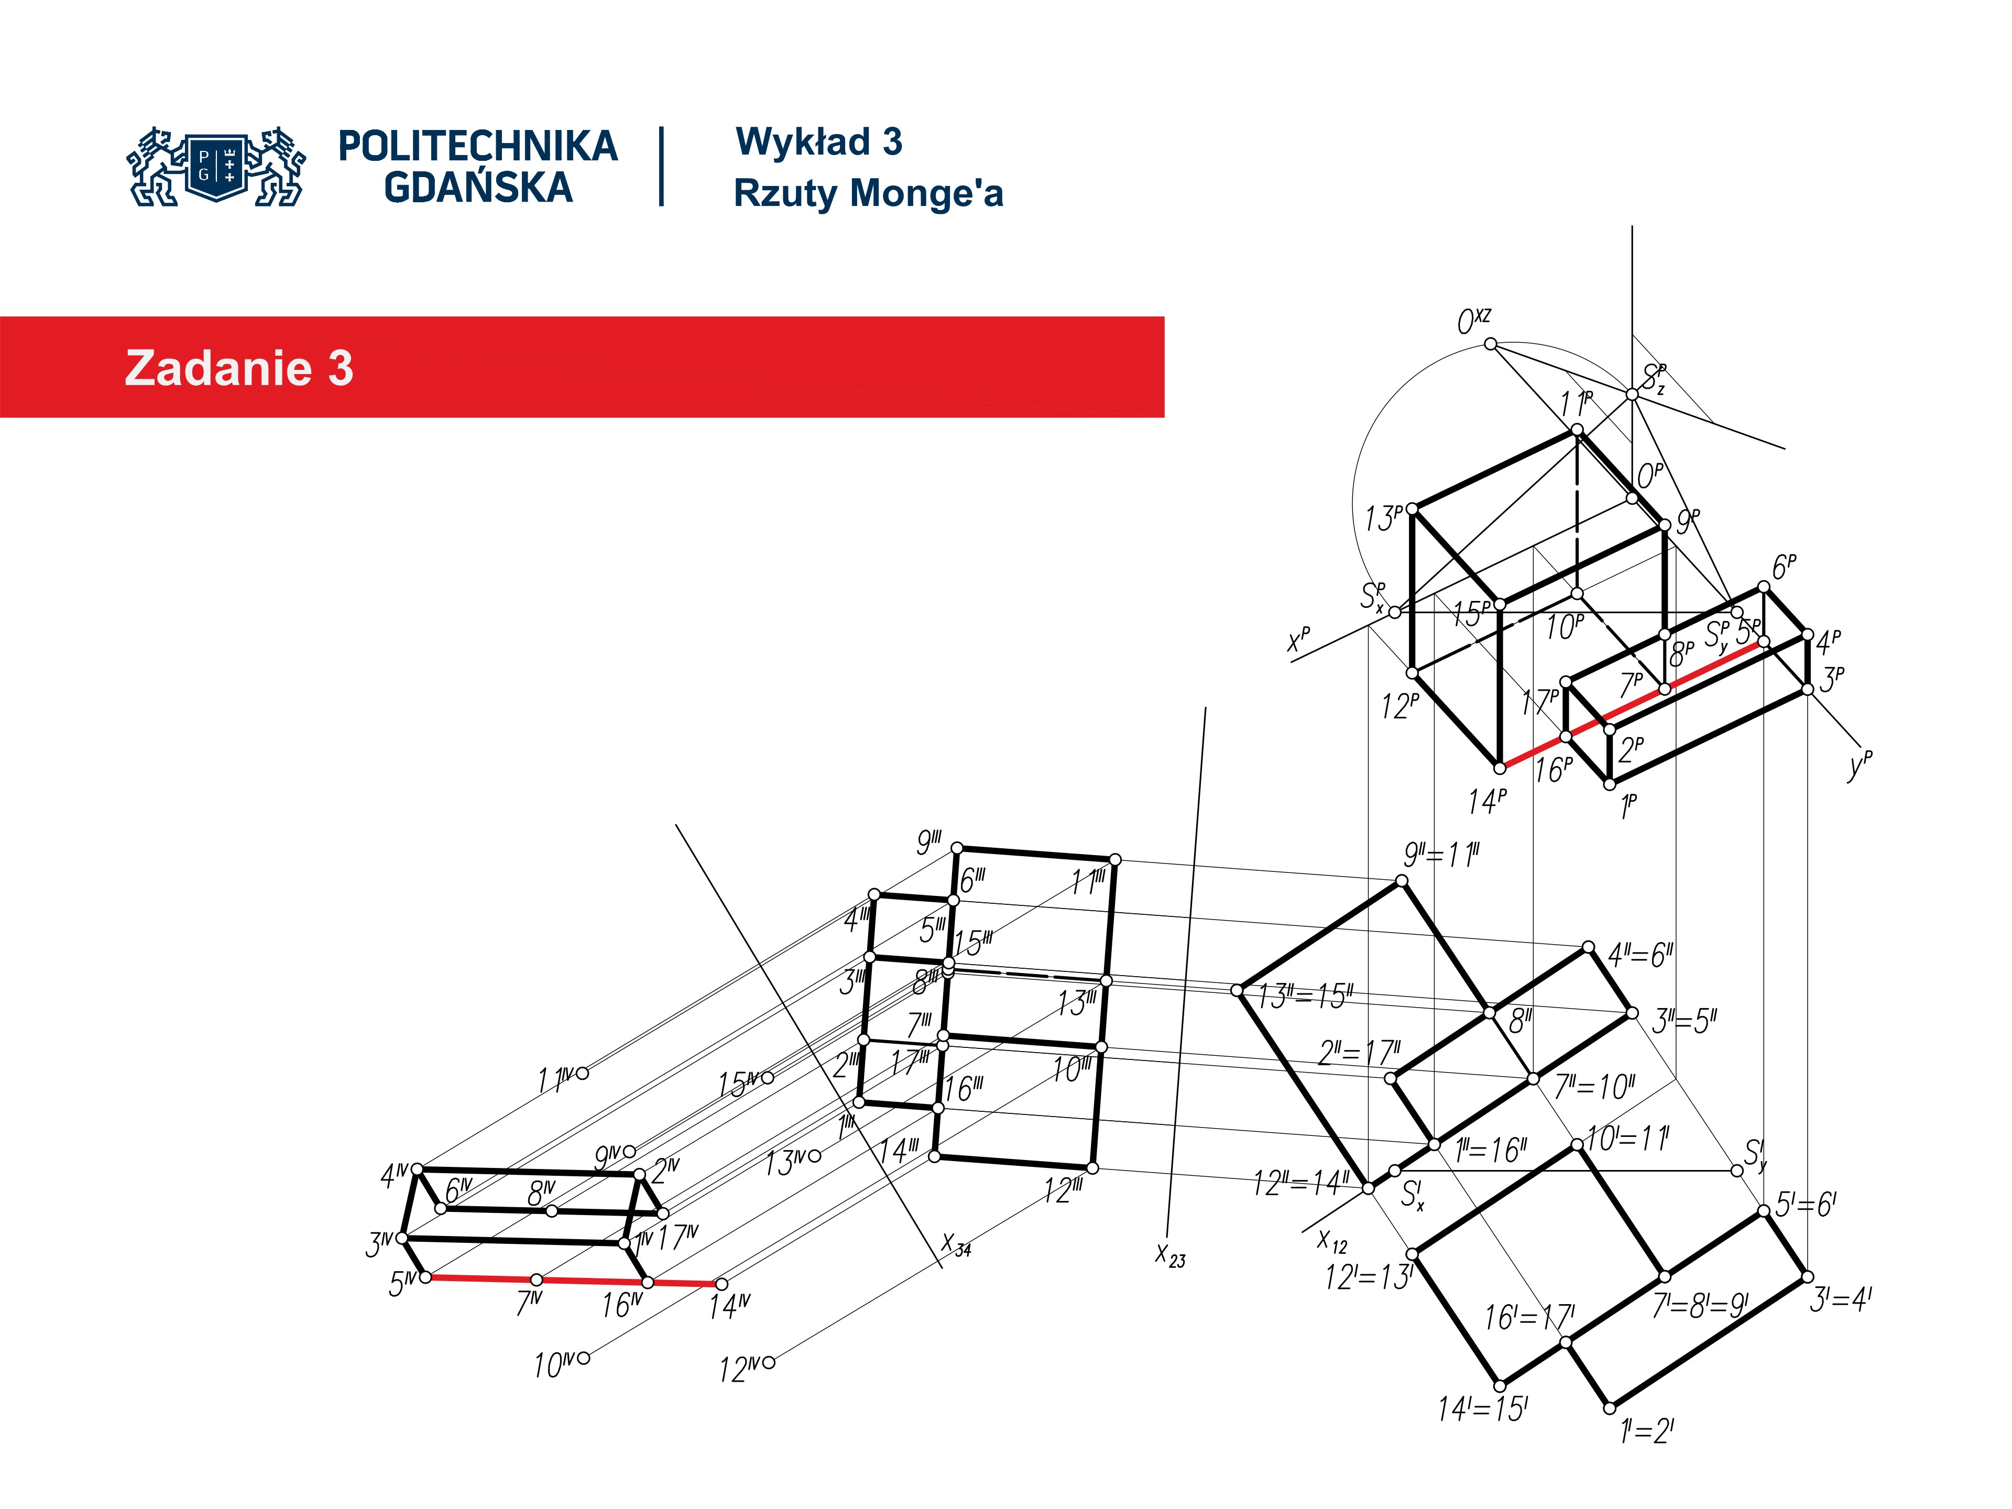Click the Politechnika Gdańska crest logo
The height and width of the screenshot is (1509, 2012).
point(215,167)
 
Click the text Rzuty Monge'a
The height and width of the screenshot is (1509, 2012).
point(869,193)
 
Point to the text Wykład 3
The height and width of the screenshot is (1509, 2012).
point(818,142)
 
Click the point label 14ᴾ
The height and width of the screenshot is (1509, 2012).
point(1487,801)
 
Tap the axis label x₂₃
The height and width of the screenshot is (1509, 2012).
point(1171,1256)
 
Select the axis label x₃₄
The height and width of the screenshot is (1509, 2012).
point(957,1244)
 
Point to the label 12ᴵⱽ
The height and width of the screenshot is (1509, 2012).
point(739,1369)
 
